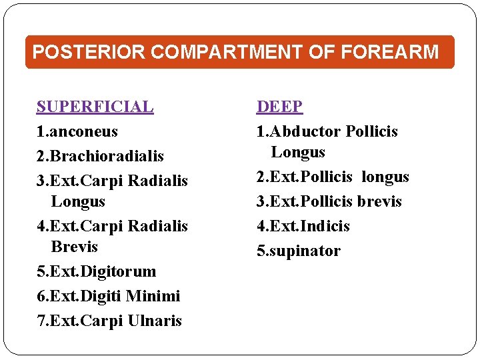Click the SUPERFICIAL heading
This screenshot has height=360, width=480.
(95, 107)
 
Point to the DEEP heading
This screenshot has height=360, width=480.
(280, 107)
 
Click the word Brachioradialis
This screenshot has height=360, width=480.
(107, 156)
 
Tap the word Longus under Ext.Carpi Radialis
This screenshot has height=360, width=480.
(78, 201)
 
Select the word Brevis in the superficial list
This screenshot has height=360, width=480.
(74, 247)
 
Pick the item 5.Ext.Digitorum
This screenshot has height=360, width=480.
(97, 271)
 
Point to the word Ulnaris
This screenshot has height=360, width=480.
(155, 321)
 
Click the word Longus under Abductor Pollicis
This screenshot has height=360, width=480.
(298, 152)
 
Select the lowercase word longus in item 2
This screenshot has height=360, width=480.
(385, 177)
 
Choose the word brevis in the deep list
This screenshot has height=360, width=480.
(379, 201)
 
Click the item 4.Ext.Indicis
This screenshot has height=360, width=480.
(303, 226)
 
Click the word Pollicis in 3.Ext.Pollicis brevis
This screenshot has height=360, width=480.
(327, 201)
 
